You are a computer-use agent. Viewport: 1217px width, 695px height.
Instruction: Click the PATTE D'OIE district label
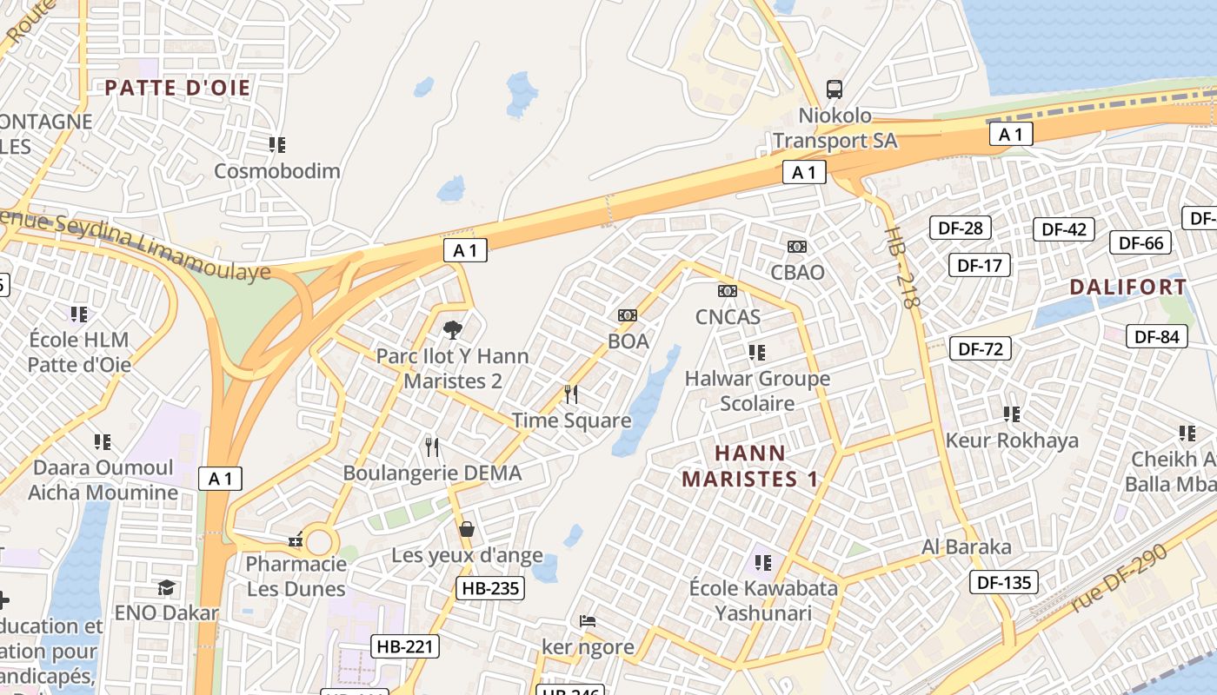[x=177, y=88]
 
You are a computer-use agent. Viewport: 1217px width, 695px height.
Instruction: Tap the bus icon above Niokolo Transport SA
[x=835, y=89]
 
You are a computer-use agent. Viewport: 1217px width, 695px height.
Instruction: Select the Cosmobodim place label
[x=277, y=170]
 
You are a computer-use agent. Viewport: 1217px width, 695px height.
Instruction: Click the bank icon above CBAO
[x=797, y=247]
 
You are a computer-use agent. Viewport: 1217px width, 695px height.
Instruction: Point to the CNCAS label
[x=728, y=317]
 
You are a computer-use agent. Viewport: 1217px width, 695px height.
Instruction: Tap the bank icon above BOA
[x=628, y=315]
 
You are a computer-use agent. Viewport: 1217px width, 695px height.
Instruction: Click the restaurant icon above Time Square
[x=571, y=394]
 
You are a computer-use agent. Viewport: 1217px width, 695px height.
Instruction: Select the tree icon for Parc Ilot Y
[x=452, y=330]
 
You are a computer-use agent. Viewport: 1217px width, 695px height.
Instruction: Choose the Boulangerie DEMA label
[x=432, y=473]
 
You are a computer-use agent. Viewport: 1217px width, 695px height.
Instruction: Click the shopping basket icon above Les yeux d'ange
[x=467, y=529]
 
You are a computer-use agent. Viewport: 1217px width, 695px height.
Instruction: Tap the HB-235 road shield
[x=490, y=588]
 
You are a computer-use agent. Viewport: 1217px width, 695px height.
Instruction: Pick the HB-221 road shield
[x=405, y=646]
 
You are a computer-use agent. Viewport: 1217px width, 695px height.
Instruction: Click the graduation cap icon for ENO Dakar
[x=166, y=588]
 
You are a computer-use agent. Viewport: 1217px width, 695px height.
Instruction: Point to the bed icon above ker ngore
[x=588, y=621]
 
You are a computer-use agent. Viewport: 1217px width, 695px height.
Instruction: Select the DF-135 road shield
[x=1004, y=582]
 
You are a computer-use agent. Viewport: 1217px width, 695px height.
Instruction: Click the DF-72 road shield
[x=981, y=349]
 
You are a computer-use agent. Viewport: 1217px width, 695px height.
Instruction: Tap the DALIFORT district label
[x=1127, y=287]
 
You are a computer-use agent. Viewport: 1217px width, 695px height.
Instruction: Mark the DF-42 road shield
[x=1064, y=229]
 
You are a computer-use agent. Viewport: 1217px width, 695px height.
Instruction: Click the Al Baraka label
[x=967, y=547]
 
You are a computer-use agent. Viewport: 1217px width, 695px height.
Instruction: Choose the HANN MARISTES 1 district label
[x=750, y=466]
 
